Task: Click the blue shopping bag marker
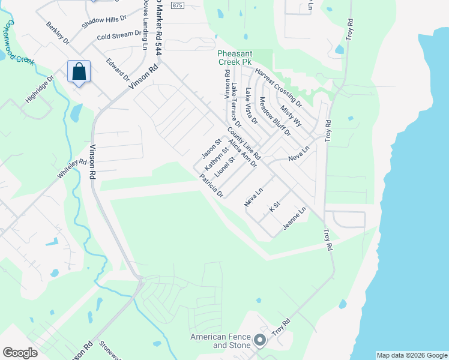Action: pyautogui.click(x=79, y=72)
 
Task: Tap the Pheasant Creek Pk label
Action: pyautogui.click(x=243, y=57)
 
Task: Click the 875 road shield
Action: pyautogui.click(x=176, y=5)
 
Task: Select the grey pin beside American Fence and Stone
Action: pyautogui.click(x=260, y=340)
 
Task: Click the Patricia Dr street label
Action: pyautogui.click(x=212, y=186)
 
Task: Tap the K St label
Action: pyautogui.click(x=275, y=207)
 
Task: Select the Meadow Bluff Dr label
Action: pyautogui.click(x=274, y=116)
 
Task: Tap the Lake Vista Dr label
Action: pyautogui.click(x=251, y=106)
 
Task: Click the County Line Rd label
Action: pyautogui.click(x=244, y=143)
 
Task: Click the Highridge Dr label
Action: pyautogui.click(x=40, y=88)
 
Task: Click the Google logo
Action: pyautogui.click(x=20, y=353)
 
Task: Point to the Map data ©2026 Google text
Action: pyautogui.click(x=411, y=355)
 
